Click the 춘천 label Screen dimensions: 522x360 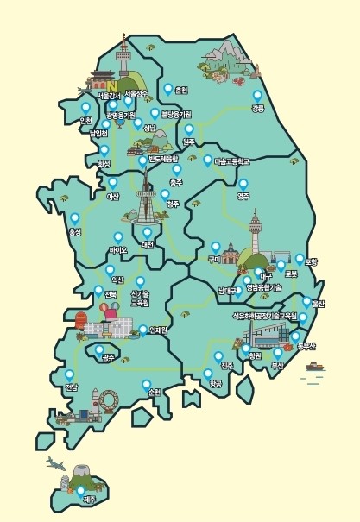(x=180, y=90)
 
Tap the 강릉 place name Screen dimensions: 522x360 (x=257, y=109)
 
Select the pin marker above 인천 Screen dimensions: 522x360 (x=85, y=108)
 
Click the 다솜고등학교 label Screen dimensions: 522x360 (x=231, y=161)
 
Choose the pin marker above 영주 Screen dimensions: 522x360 (x=243, y=184)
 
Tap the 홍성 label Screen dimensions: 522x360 (x=74, y=232)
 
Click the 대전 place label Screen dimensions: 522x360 (x=147, y=245)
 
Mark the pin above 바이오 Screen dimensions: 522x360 (x=118, y=236)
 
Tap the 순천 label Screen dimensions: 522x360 (x=155, y=392)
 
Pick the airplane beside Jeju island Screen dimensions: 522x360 (x=57, y=463)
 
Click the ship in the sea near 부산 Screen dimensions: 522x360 (x=315, y=366)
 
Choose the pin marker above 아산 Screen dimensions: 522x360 (x=112, y=182)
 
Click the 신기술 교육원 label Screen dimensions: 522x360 (x=140, y=299)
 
